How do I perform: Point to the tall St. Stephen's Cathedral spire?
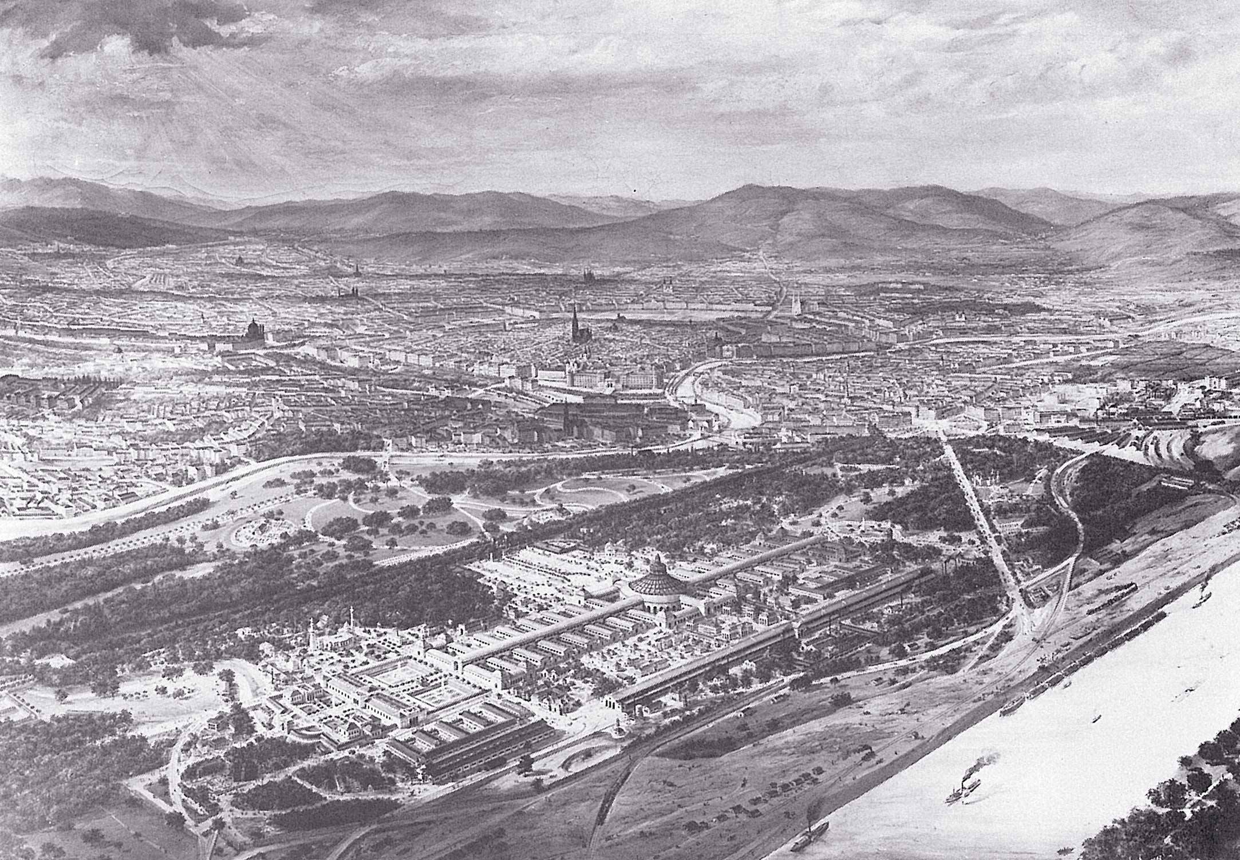tap(574, 326)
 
